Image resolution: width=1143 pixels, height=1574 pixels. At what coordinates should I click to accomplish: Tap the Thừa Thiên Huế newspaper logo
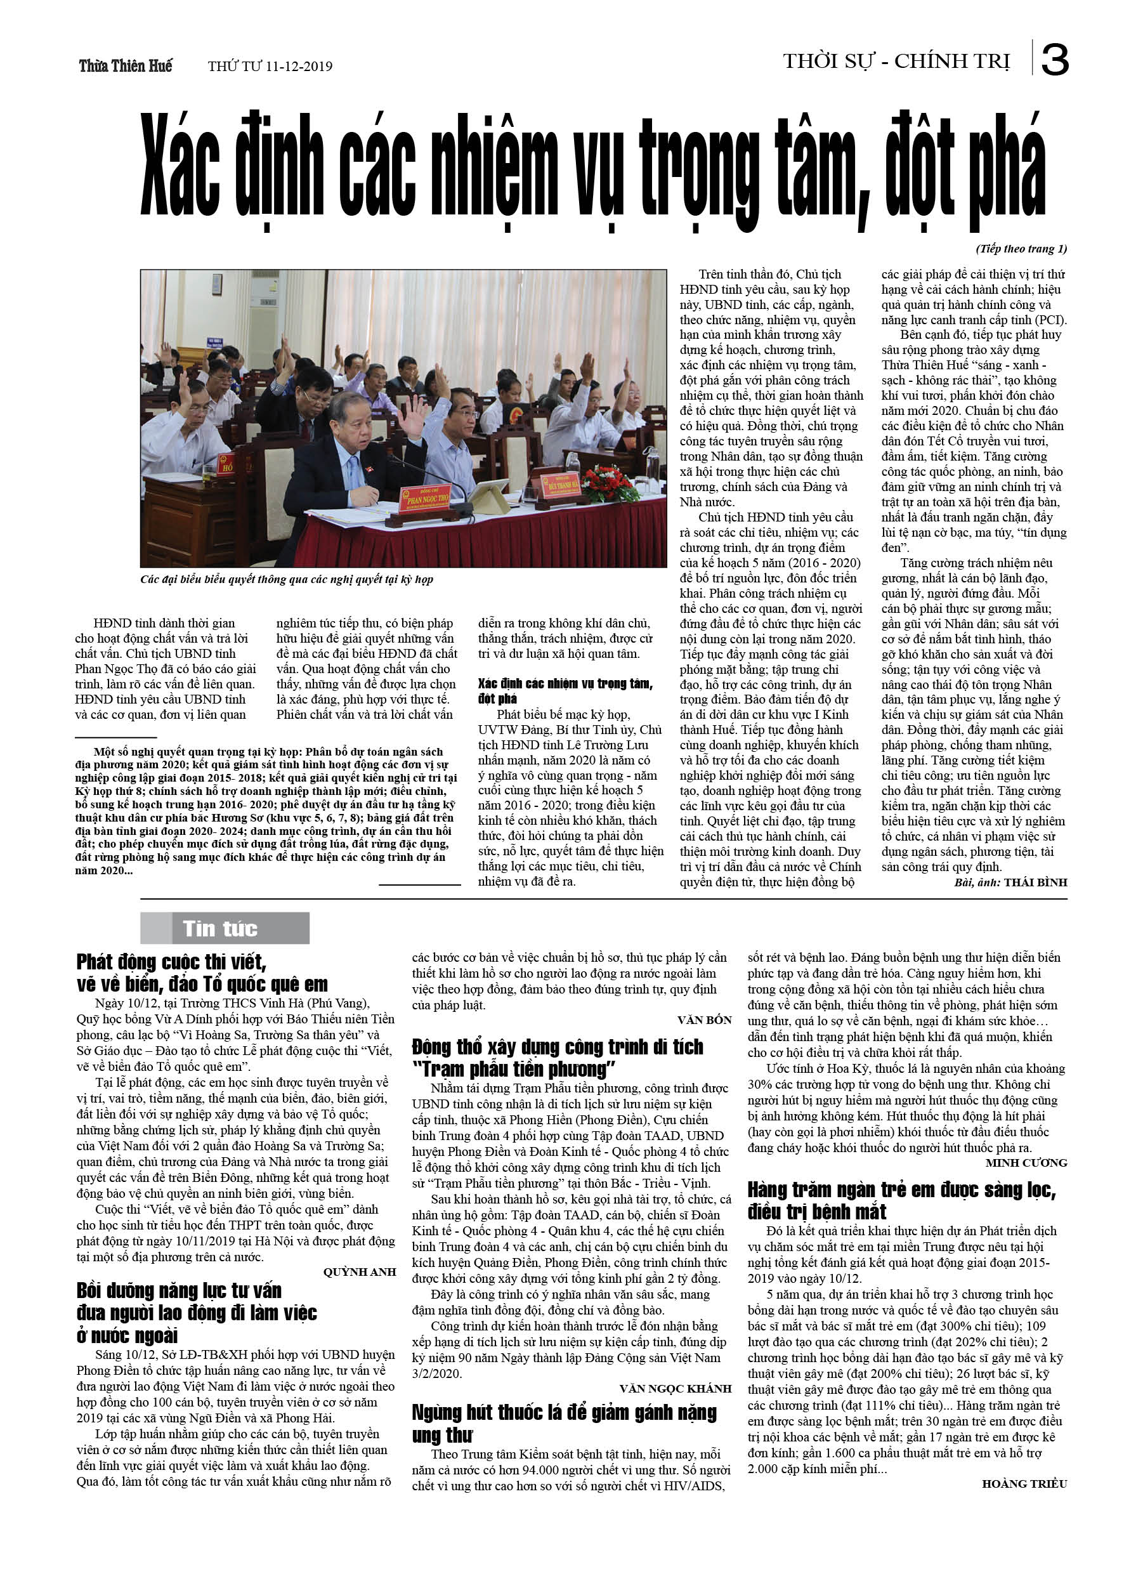tap(126, 66)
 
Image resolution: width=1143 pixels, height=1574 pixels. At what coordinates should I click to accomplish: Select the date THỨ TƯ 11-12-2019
tap(270, 67)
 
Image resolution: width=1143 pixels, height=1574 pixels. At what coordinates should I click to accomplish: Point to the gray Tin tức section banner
tap(225, 928)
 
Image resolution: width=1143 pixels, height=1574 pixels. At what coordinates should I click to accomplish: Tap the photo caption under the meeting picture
tap(287, 579)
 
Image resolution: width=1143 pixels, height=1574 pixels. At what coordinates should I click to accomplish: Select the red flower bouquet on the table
tap(610, 482)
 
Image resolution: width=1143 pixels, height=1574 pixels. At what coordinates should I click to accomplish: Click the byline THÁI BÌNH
tap(1035, 882)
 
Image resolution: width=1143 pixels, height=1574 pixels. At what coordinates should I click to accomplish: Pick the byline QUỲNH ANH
tap(360, 1271)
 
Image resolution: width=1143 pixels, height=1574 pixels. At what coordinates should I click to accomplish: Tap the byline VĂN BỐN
tap(705, 1020)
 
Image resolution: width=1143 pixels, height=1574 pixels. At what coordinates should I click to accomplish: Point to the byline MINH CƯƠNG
tap(1026, 1162)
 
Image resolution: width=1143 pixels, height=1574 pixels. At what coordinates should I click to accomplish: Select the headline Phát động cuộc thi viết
tap(201, 973)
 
